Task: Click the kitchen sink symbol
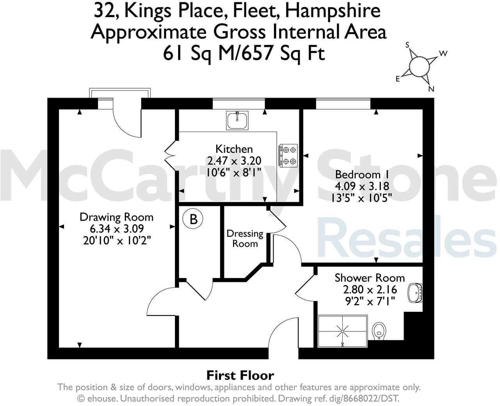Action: click(237, 120)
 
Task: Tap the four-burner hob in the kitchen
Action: click(288, 155)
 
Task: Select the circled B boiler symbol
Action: click(193, 219)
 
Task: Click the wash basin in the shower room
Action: click(416, 293)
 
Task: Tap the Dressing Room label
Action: click(245, 239)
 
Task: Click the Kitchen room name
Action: click(234, 149)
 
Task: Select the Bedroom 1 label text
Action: click(358, 175)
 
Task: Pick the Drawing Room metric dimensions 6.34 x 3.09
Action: click(117, 229)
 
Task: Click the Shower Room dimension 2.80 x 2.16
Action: click(370, 290)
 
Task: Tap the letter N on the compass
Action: click(431, 89)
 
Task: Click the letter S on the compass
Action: click(408, 45)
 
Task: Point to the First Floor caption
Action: click(240, 376)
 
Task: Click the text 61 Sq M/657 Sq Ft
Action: click(244, 53)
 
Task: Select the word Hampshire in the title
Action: click(333, 11)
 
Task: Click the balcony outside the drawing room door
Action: click(119, 93)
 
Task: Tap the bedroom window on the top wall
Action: click(343, 103)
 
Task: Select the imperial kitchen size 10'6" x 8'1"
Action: click(234, 172)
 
